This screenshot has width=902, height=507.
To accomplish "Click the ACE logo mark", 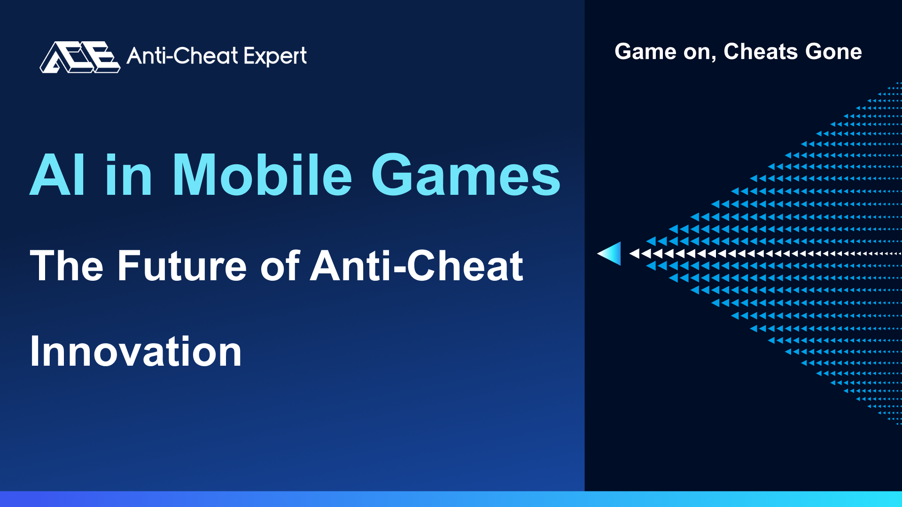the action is (80, 57).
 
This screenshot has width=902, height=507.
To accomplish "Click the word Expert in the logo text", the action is (275, 57).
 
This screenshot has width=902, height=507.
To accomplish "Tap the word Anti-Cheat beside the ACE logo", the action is (183, 56).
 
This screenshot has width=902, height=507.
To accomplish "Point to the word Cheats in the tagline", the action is (761, 51).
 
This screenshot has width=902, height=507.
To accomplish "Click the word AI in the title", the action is (58, 175).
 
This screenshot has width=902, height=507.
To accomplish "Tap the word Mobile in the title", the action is (262, 174).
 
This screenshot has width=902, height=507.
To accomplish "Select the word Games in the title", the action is (466, 175).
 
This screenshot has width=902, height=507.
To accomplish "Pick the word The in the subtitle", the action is (66, 266).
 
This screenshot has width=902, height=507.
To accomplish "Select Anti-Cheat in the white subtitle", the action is (417, 265).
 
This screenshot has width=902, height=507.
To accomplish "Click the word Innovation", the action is (135, 351).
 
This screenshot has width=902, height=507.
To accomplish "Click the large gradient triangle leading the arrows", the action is (609, 253).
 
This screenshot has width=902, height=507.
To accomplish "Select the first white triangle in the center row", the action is (635, 253).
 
